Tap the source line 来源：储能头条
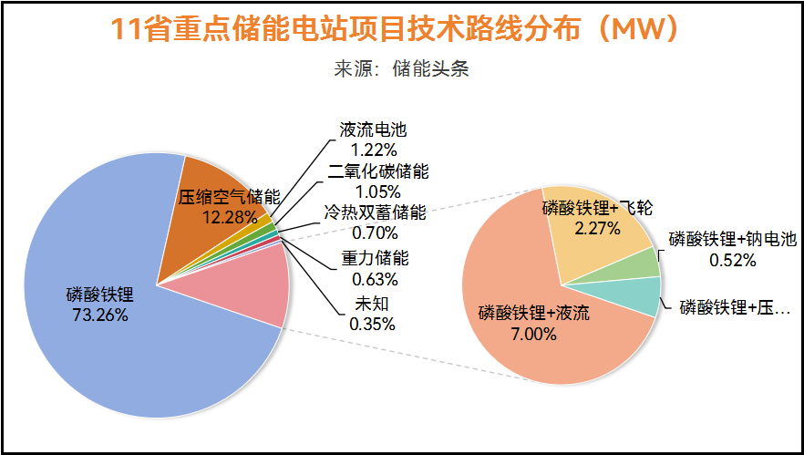[x=402, y=69]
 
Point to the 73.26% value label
[x=99, y=315]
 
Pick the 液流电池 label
[x=366, y=130]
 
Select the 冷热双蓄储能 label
[x=375, y=213]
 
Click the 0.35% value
[x=368, y=323]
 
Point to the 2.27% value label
[x=597, y=227]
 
